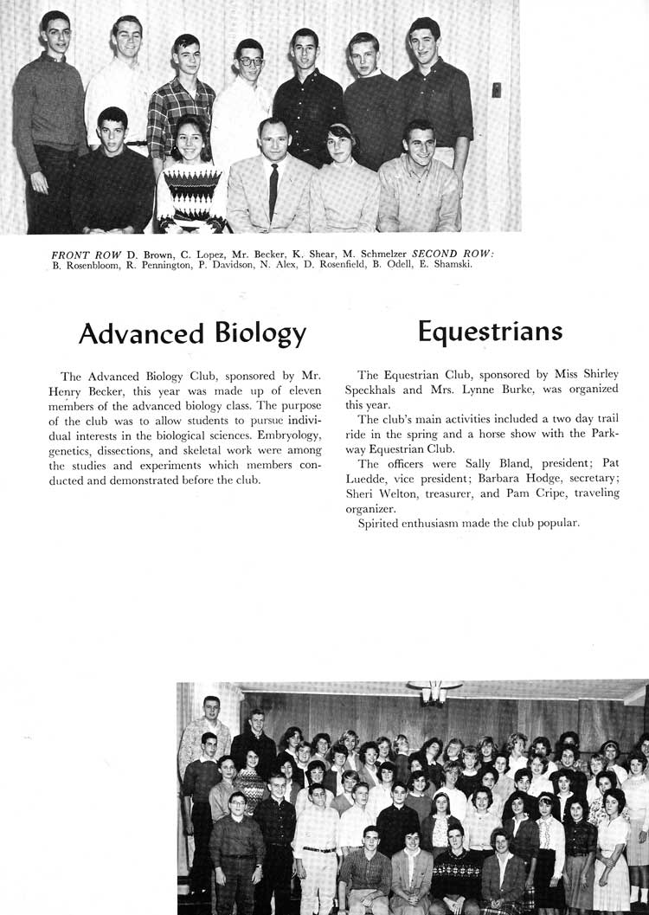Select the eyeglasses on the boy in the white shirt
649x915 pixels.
tap(251, 62)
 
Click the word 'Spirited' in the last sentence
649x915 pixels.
tap(382, 524)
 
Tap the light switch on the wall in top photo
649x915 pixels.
tap(496, 89)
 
